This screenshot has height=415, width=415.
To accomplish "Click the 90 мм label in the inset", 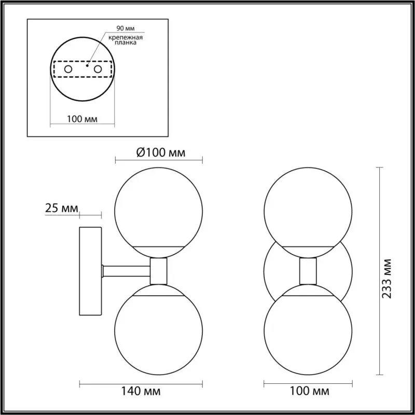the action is pyautogui.click(x=126, y=29).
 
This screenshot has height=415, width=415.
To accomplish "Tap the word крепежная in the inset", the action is pyautogui.click(x=126, y=37).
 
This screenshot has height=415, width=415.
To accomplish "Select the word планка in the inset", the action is pyautogui.click(x=126, y=43).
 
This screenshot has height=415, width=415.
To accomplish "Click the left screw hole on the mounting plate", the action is pyautogui.click(x=68, y=70).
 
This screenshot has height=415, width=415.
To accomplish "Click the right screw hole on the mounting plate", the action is pyautogui.click(x=98, y=70).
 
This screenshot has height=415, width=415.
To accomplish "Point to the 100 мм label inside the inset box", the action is pyautogui.click(x=82, y=119).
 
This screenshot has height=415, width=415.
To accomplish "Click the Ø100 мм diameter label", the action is pyautogui.click(x=161, y=153).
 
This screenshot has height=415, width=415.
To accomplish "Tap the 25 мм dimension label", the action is pyautogui.click(x=62, y=209).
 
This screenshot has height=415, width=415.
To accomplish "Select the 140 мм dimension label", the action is pyautogui.click(x=141, y=391).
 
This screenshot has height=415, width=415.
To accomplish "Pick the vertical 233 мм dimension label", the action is pyautogui.click(x=386, y=279).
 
